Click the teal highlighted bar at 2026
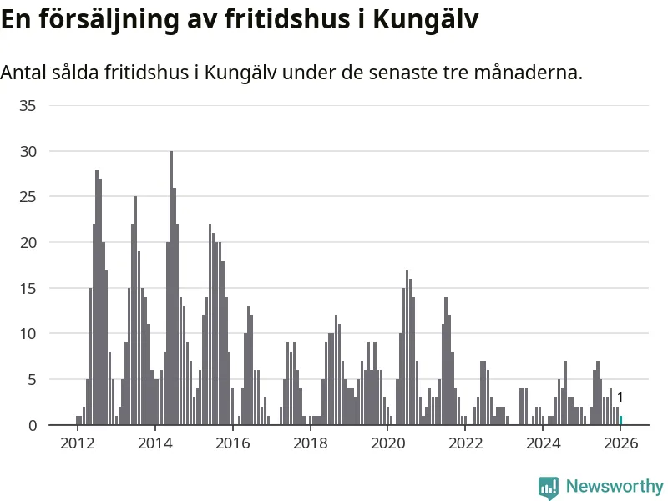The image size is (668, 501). coord(620,420)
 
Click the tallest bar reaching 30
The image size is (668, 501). coord(171,288)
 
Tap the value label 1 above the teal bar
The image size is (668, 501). coord(620,397)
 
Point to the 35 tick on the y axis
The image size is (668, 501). coord(29,105)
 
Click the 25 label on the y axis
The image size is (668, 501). coord(29,196)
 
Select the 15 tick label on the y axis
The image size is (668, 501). coord(29,288)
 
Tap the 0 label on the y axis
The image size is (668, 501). coord(33,425)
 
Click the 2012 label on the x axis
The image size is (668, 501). coord(77,443)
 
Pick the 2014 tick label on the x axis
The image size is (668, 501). coord(154,443)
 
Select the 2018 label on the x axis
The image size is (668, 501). coord(310,443)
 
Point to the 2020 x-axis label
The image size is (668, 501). coord(387,443)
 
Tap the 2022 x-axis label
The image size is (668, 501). coord(465,443)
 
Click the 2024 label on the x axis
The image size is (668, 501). coord(543,443)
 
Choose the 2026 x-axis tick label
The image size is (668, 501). coord(620,443)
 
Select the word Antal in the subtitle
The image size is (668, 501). coord(25,73)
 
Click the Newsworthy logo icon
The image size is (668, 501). coord(548,488)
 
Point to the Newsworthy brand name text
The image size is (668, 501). coord(615,486)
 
